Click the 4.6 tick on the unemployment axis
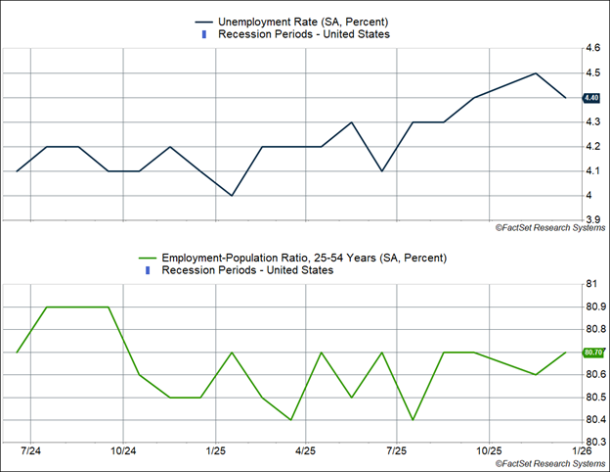point(591,48)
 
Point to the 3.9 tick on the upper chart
point(591,219)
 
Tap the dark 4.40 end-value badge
point(590,98)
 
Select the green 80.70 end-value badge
point(592,352)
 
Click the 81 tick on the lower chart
point(591,284)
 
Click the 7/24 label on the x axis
point(30,451)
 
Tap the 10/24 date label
point(123,451)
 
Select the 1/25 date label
point(216,451)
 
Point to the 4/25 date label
point(306,451)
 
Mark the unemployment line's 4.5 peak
point(536,73)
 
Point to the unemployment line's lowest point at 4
point(231,195)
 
